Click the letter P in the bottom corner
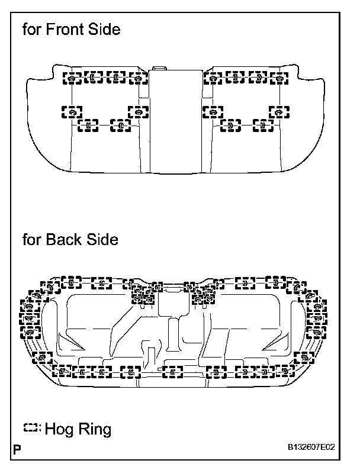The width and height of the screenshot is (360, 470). tap(17, 448)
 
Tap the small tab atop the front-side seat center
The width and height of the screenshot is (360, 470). tap(159, 69)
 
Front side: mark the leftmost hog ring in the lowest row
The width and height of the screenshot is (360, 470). tap(88, 125)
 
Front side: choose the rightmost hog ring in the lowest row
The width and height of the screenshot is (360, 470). tap(262, 125)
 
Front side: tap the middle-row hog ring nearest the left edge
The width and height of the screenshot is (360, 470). tap(71, 111)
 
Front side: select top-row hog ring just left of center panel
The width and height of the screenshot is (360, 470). tap(138, 77)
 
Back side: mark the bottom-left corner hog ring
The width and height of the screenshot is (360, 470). tap(43, 358)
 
